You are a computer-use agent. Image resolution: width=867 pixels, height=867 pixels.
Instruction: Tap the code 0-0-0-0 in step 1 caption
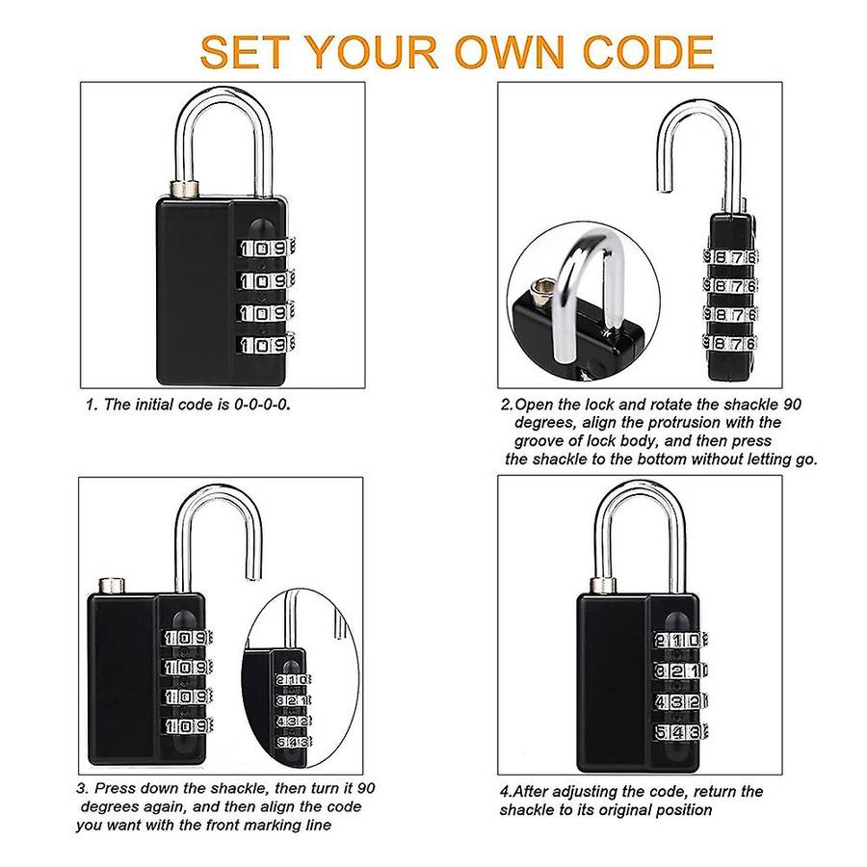click(x=262, y=405)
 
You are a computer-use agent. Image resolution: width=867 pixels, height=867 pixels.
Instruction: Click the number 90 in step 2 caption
click(x=791, y=405)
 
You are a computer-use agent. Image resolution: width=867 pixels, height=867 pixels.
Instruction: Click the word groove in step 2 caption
click(x=540, y=441)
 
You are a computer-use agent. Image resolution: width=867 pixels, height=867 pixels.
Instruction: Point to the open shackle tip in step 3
click(x=253, y=576)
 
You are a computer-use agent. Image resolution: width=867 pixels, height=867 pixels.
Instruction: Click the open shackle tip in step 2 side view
click(x=665, y=189)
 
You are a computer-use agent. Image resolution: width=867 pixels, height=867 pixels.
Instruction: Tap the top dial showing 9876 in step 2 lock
click(x=730, y=257)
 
